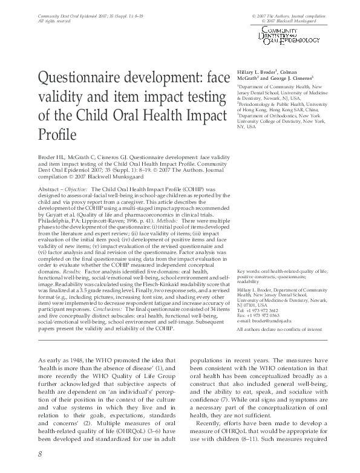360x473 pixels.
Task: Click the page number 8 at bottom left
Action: pos(40,454)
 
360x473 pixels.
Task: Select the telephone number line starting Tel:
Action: pos(262,310)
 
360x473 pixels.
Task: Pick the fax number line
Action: pos(262,315)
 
